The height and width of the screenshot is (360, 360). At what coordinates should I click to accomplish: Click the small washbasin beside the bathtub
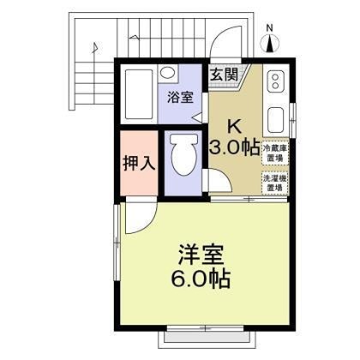click(169, 74)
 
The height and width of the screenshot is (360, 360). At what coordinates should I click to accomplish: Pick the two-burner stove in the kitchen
click(276, 79)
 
